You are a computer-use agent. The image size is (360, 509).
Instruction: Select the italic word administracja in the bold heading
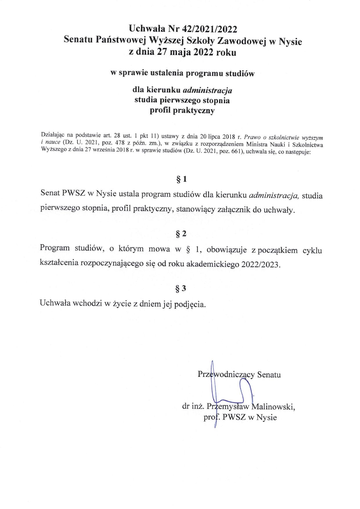point(207,90)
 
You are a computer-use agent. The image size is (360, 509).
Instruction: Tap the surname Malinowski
point(273,407)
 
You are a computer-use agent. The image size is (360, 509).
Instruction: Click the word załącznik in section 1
point(234,210)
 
